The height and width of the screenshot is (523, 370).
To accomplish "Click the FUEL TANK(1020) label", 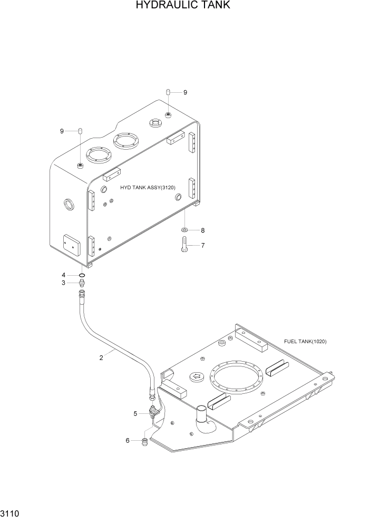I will tap(305, 342).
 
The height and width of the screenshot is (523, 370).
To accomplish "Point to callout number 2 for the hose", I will tap(101, 358).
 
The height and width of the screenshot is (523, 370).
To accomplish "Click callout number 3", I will tap(64, 283).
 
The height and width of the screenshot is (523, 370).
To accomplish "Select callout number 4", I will tap(64, 275).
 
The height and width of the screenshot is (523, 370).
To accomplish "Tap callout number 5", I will tap(135, 414).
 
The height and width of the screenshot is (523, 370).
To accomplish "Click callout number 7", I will tap(202, 245).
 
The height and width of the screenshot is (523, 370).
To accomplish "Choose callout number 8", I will tap(202, 230).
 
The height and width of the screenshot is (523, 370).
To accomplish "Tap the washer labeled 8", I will tap(185, 230).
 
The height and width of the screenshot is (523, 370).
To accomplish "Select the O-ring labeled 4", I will tap(82, 275).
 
